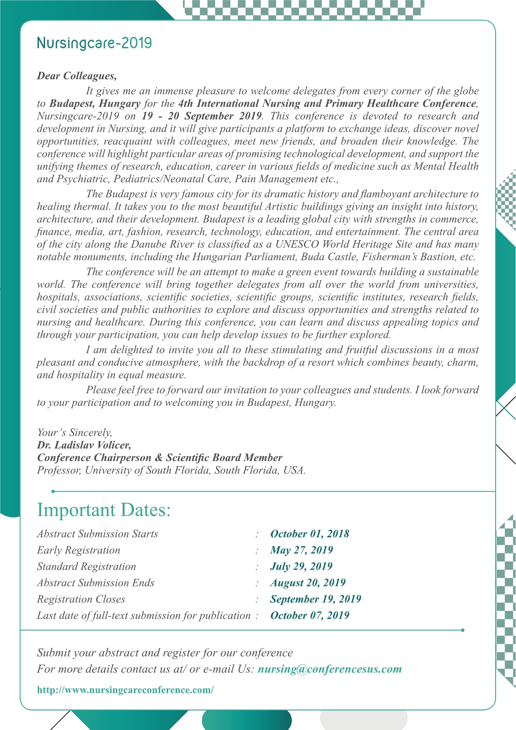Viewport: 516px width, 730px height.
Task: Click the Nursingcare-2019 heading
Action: point(94,43)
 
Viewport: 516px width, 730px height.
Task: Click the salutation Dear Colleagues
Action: point(77,76)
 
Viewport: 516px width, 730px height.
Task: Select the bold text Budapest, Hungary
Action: point(95,104)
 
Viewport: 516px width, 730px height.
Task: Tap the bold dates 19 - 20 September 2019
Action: point(202,116)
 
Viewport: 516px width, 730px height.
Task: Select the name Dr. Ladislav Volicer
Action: point(84,445)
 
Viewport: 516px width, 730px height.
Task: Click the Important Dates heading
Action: point(104,510)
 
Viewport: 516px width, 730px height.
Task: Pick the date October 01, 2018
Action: point(309,534)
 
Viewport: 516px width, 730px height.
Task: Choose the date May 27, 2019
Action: point(301,550)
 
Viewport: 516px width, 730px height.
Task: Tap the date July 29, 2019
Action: point(301,566)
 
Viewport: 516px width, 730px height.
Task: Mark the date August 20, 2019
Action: point(308,583)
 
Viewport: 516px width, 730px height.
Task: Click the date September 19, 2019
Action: point(316,599)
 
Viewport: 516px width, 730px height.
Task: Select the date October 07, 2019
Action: point(309,616)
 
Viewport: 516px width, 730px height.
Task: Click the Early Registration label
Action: point(79,550)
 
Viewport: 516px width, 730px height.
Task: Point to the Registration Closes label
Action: point(81,599)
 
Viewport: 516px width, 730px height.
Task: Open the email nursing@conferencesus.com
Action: point(330,669)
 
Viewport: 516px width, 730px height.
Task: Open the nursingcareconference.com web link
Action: point(125,690)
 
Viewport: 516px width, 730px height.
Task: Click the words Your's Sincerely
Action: point(74,433)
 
